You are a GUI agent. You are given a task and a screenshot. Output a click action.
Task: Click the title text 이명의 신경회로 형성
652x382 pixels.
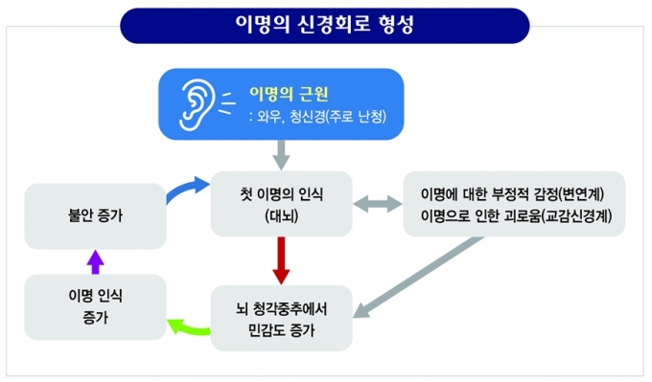coord(324,25)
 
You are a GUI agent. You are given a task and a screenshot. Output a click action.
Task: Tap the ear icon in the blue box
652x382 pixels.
coord(197,104)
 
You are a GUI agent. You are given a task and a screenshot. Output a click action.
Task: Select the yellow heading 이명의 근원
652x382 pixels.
coord(289,94)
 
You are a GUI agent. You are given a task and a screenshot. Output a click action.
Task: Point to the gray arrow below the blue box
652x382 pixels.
coord(282,155)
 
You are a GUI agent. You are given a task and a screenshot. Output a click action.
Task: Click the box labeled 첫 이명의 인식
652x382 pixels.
coord(282,204)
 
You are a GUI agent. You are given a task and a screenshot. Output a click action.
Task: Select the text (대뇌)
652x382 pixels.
coord(282,216)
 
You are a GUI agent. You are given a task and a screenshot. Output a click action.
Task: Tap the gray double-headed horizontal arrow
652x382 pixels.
coord(378,204)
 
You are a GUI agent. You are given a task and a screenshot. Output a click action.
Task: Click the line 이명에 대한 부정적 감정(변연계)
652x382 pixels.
coord(512,193)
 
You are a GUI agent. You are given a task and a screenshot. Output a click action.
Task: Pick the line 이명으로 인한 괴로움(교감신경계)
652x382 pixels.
coord(517,216)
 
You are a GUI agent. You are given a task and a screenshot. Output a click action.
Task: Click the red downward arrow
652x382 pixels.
coord(282,260)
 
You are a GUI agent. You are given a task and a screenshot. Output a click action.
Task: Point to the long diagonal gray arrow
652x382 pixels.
coord(419,278)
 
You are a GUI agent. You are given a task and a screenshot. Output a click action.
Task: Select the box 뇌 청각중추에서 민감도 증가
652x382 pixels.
coord(282,318)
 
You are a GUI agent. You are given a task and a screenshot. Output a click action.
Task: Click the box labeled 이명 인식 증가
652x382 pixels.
coord(95,307)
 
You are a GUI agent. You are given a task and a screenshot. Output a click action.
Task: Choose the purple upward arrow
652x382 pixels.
coord(95,261)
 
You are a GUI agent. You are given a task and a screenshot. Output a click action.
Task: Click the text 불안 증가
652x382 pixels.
coord(95,215)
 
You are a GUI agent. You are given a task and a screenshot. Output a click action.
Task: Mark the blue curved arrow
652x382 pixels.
coord(187,189)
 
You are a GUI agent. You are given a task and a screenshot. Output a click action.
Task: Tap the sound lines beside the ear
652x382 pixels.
coord(226,103)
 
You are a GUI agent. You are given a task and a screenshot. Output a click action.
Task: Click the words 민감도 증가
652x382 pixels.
coord(282,330)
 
